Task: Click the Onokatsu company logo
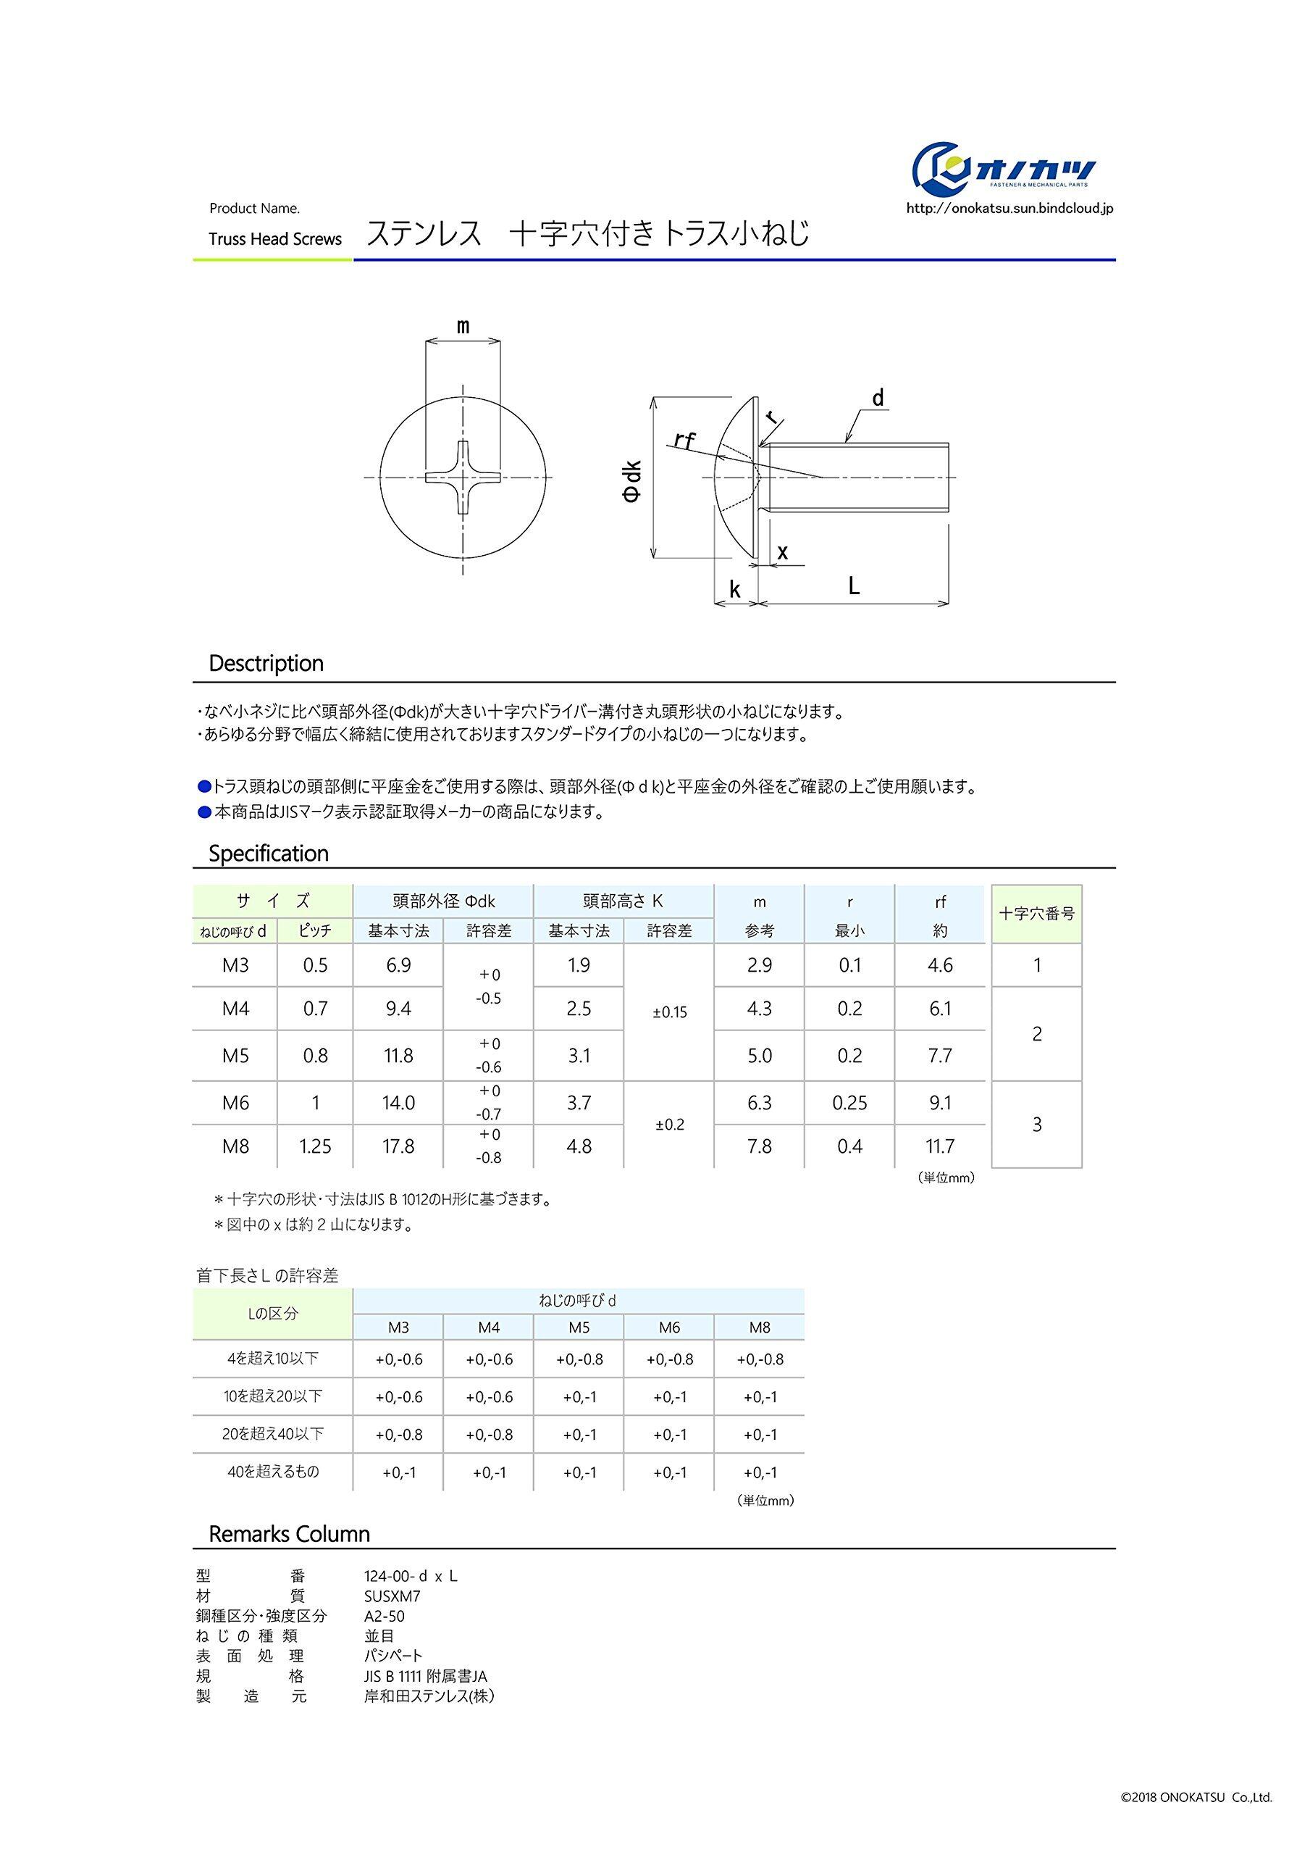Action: tap(1004, 170)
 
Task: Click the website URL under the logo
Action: tap(1009, 209)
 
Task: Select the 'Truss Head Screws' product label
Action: tap(274, 239)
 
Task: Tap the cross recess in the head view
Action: tap(462, 478)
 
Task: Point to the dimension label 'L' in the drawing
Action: tap(854, 585)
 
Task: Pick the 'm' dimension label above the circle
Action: tap(463, 326)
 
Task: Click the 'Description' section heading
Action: tap(266, 663)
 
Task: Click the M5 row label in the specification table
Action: tap(235, 1055)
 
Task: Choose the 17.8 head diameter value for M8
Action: tap(398, 1146)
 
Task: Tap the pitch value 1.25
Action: tap(315, 1146)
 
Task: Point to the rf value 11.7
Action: tap(940, 1146)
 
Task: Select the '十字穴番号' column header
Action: tap(1036, 914)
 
